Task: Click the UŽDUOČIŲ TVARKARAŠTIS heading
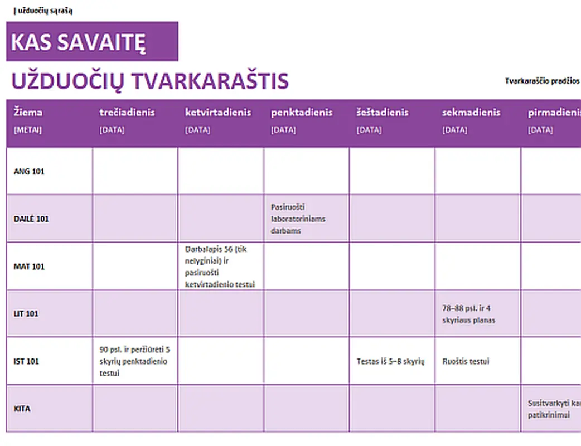(150, 81)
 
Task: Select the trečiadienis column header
(127, 112)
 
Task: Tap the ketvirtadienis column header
(218, 112)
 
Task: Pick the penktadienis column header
(302, 112)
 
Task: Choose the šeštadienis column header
(383, 112)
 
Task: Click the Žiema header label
(28, 112)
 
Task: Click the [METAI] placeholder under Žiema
(28, 130)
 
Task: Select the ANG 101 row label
(29, 171)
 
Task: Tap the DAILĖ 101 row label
(31, 219)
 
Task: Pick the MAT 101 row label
(29, 266)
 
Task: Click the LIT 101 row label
(26, 313)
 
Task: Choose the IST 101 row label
(27, 361)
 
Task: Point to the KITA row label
(22, 409)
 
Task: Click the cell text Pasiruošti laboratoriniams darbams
(298, 219)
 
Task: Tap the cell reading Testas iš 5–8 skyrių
(390, 361)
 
